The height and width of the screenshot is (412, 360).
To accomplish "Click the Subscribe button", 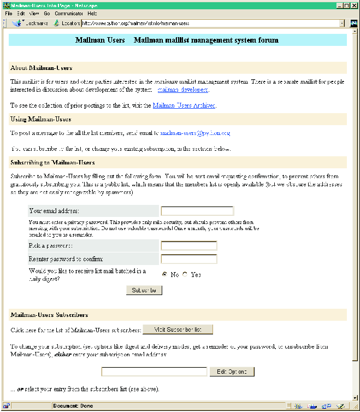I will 144,290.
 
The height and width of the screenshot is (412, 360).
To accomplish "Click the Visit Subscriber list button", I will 178,329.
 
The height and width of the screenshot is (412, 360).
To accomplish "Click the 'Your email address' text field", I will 197,211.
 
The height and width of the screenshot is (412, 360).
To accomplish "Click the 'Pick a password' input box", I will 189,246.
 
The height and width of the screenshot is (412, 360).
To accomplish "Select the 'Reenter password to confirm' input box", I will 189,259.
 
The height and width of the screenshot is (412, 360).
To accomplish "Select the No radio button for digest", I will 165,274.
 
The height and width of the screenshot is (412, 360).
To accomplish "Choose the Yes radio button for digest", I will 185,274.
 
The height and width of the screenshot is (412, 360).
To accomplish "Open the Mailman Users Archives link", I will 184,105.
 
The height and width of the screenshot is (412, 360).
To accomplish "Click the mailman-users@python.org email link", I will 195,133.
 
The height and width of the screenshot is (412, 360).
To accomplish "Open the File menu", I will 8,13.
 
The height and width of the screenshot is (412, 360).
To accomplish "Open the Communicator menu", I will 69,13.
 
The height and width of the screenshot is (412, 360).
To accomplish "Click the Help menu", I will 92,13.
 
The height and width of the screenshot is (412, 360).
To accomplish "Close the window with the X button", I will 353,5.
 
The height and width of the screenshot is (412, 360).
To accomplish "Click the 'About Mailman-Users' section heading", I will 41,68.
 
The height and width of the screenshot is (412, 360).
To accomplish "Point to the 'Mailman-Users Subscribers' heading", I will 49,315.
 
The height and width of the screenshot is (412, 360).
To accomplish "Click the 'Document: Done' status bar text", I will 73,406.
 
